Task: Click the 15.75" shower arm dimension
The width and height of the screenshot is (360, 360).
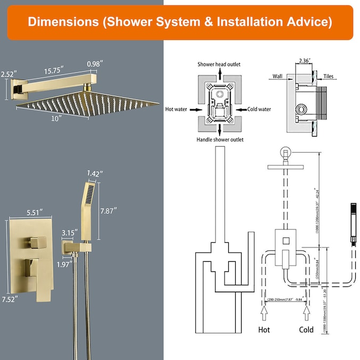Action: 54,70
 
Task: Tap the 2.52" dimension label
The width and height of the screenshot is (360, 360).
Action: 9,74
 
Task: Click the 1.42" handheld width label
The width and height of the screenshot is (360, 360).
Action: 94,173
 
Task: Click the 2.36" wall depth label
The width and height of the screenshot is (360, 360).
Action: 306,60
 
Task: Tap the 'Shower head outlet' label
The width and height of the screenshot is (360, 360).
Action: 219,65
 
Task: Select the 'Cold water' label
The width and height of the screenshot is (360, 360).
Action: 259,109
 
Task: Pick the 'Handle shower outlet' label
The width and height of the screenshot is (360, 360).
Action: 220,140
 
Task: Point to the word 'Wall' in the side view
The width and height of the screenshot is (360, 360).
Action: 277,77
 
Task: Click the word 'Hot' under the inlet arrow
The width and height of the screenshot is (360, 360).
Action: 264,330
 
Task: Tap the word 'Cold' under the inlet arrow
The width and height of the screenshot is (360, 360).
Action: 306,330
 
